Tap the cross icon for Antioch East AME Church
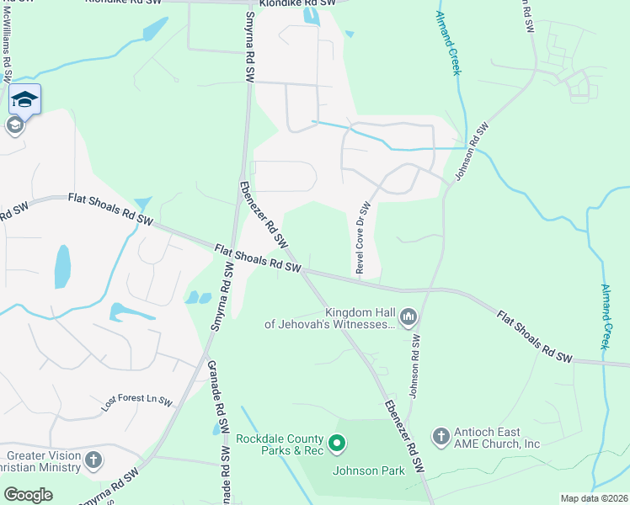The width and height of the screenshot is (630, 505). (x=440, y=435)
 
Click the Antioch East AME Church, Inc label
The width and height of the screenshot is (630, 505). (x=497, y=438)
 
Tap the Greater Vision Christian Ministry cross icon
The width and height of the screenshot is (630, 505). (x=93, y=460)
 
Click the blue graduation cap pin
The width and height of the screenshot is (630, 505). (x=25, y=99)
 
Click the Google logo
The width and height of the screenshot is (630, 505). (x=28, y=494)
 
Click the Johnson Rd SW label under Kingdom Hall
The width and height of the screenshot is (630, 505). (x=414, y=366)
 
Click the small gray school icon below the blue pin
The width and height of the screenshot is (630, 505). (x=14, y=126)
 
